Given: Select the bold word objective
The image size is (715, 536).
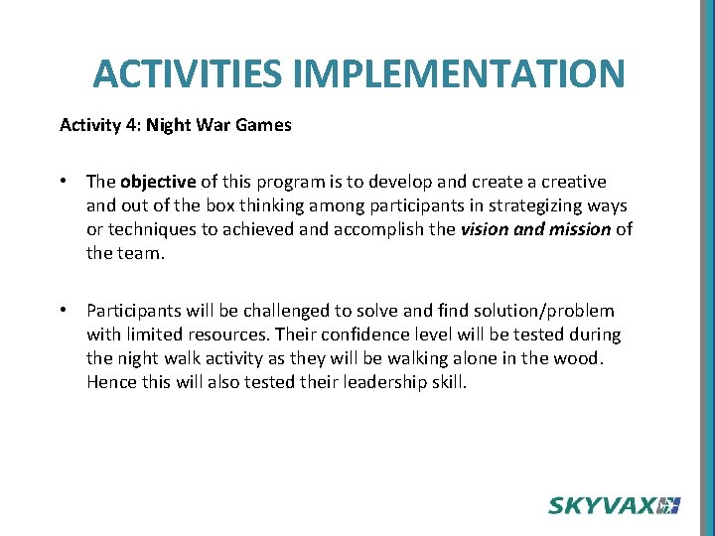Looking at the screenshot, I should pos(159,182).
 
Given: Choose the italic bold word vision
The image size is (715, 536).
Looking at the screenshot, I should pos(485,228).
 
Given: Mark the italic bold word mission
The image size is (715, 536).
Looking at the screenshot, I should pos(576,228).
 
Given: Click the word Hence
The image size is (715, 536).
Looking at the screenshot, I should pos(109,381).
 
